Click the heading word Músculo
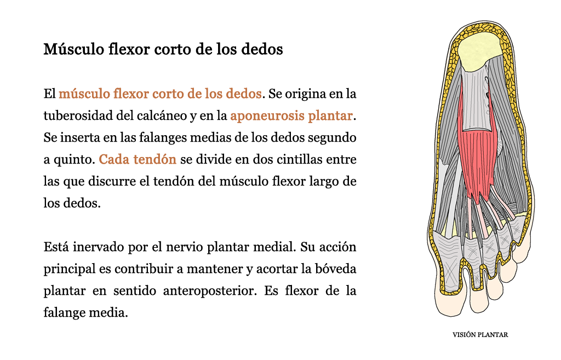click(x=74, y=49)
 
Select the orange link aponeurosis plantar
click(x=291, y=116)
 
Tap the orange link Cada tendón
click(x=138, y=159)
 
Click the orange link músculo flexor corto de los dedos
click(x=160, y=94)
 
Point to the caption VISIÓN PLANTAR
click(x=480, y=335)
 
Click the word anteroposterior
click(x=210, y=291)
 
